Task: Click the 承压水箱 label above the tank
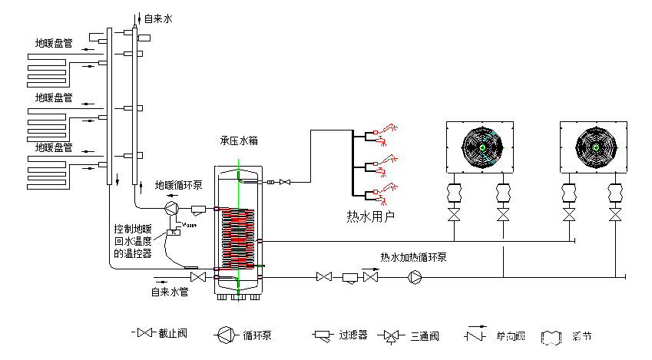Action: [x=239, y=141]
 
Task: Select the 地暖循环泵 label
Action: [x=180, y=185]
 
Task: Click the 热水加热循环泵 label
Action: [x=414, y=257]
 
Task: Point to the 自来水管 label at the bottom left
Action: [x=169, y=292]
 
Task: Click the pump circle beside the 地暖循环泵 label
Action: [x=173, y=207]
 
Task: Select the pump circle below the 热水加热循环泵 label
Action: [x=415, y=276]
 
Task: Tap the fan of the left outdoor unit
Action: [x=480, y=147]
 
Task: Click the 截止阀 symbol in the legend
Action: [x=145, y=333]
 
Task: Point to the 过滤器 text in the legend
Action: [x=352, y=335]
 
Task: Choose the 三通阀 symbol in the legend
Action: [x=392, y=335]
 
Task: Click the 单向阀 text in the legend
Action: [x=510, y=335]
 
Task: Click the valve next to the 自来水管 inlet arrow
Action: [x=197, y=276]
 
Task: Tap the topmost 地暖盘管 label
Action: [x=54, y=44]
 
